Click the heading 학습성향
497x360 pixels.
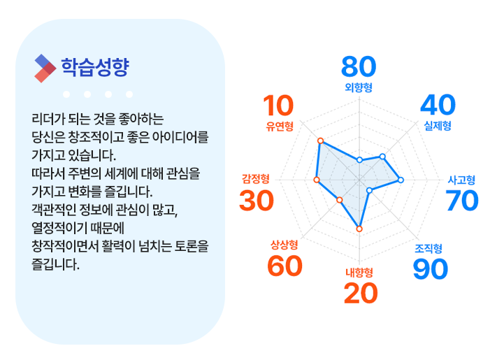point(95,67)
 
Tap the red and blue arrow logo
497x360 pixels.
point(45,69)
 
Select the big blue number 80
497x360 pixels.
point(359,67)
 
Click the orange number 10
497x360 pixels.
point(278,106)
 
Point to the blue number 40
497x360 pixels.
point(438,105)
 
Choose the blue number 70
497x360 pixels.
point(462,201)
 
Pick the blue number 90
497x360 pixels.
point(431,269)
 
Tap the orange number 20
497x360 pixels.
point(361,293)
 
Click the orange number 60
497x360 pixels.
point(284,266)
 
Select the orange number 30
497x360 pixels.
point(257,201)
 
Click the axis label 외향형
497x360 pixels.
point(359,87)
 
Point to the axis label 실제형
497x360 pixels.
point(438,126)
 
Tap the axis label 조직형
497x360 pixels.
point(428,248)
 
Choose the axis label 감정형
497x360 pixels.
point(256,179)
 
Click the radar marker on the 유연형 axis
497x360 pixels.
point(320,141)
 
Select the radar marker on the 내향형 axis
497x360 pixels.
point(359,229)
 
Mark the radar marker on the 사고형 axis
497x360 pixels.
point(401,180)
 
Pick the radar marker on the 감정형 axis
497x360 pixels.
point(317,180)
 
